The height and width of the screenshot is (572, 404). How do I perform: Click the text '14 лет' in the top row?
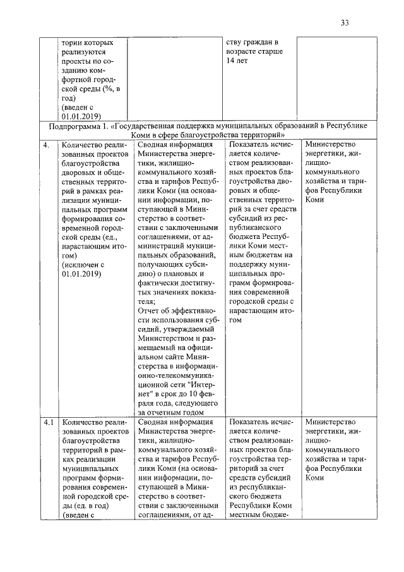pos(238,61)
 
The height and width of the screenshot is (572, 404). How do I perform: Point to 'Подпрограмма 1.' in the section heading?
pos(80,126)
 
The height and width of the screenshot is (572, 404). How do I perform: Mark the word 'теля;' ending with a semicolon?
pos(147,301)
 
